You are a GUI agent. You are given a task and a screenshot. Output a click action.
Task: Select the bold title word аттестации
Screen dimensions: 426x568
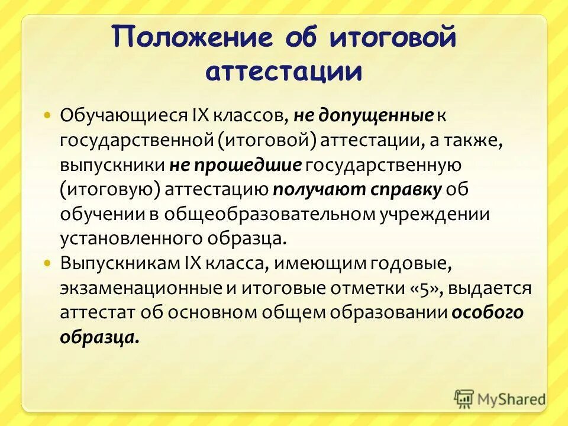click(x=283, y=71)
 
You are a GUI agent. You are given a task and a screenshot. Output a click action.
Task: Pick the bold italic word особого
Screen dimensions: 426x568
click(x=487, y=312)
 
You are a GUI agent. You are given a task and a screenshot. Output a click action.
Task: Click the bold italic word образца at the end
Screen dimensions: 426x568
click(x=99, y=337)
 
